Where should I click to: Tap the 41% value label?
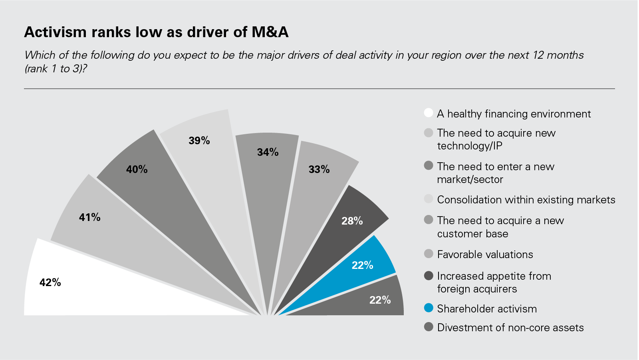click(90, 217)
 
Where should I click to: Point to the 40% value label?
click(137, 169)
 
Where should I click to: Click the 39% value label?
click(199, 141)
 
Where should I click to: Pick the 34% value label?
click(268, 152)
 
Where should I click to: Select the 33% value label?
click(319, 169)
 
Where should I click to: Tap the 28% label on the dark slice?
click(352, 221)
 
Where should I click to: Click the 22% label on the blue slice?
click(362, 265)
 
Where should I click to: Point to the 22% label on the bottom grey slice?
click(380, 300)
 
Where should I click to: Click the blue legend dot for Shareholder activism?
click(429, 308)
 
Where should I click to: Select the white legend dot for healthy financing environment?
click(429, 113)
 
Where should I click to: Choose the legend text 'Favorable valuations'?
click(485, 255)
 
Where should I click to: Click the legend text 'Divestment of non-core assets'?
click(510, 328)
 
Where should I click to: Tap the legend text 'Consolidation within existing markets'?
click(526, 200)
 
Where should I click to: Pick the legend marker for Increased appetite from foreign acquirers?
click(429, 276)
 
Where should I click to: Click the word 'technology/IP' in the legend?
click(469, 146)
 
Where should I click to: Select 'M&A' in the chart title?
click(270, 32)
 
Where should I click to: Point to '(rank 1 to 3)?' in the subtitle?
click(56, 69)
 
